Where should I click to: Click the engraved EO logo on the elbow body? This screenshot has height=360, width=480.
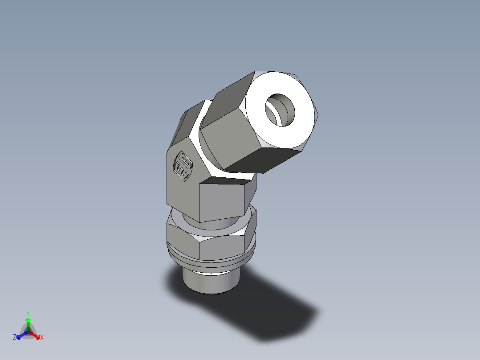[183, 166]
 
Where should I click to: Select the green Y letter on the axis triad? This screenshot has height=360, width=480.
[28, 313]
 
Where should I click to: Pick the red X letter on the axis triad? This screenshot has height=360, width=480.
[42, 338]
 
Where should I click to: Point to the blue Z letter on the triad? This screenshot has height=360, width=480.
[15, 338]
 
